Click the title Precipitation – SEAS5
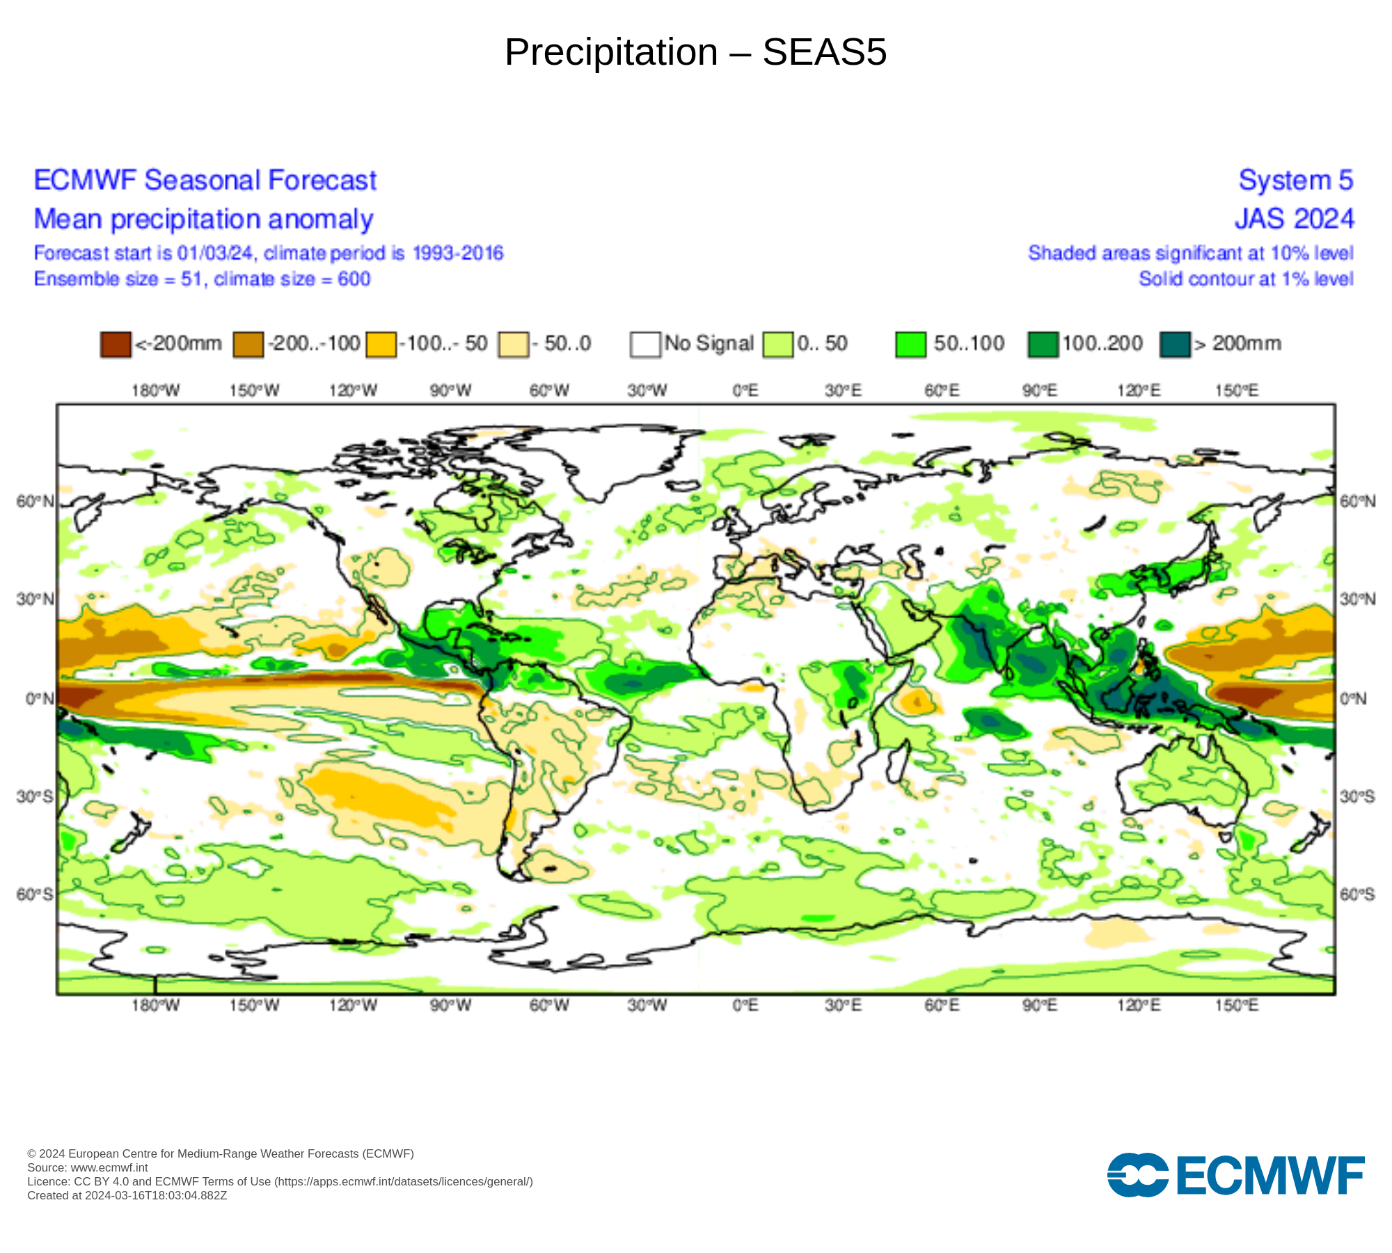tap(695, 52)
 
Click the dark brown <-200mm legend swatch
tap(116, 344)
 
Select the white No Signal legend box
tap(645, 344)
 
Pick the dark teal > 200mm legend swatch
tap(1175, 344)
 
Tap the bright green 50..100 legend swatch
tap(910, 344)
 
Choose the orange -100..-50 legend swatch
tap(381, 344)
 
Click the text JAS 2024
tap(1294, 219)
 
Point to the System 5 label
tap(1295, 180)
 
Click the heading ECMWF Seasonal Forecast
tap(205, 180)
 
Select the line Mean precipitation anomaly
tap(203, 219)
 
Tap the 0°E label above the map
tap(745, 391)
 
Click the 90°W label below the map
tap(450, 1005)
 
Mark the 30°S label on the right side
tap(1357, 796)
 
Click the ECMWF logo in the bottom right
tap(1235, 1176)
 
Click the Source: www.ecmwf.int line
tap(88, 1167)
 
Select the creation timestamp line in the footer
tap(127, 1195)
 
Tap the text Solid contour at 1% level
tap(1246, 279)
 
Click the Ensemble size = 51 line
tap(202, 279)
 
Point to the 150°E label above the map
tap(1237, 391)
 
